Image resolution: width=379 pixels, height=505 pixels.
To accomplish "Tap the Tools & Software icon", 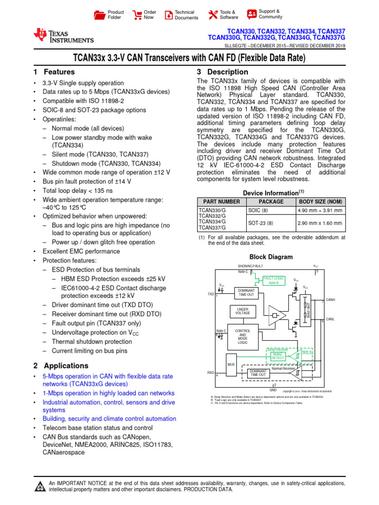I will pyautogui.click(x=213, y=15).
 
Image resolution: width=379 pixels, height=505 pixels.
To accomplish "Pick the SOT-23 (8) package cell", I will pyautogui.click(x=260, y=223).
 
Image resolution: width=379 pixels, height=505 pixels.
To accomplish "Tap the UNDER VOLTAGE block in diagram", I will pyautogui.click(x=243, y=311).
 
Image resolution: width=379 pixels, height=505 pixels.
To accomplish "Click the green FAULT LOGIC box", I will pyautogui.click(x=273, y=280).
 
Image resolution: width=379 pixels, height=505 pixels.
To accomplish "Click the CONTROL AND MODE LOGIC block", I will pyautogui.click(x=243, y=336).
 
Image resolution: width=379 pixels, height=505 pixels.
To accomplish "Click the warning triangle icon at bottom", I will pyautogui.click(x=39, y=487).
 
